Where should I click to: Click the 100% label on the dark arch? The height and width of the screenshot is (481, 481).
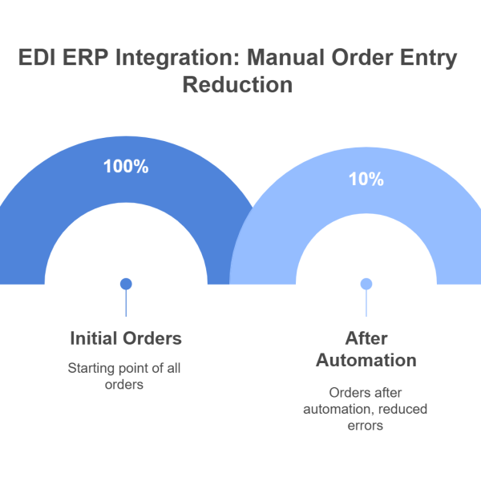coord(126,168)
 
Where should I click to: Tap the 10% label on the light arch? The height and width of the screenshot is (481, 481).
coord(366,180)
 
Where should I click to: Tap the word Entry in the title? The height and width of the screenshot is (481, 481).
coord(430,59)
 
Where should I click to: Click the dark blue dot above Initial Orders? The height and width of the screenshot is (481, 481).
coord(126,283)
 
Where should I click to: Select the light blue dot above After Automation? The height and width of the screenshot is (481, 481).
coord(366,283)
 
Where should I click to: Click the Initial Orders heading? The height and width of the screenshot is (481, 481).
coord(126,338)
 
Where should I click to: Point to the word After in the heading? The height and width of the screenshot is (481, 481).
coord(366,338)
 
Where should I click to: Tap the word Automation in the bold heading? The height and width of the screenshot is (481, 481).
coord(366,361)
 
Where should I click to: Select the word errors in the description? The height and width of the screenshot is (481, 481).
coord(366,426)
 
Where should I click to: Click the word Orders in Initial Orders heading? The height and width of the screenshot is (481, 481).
coord(153,338)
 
